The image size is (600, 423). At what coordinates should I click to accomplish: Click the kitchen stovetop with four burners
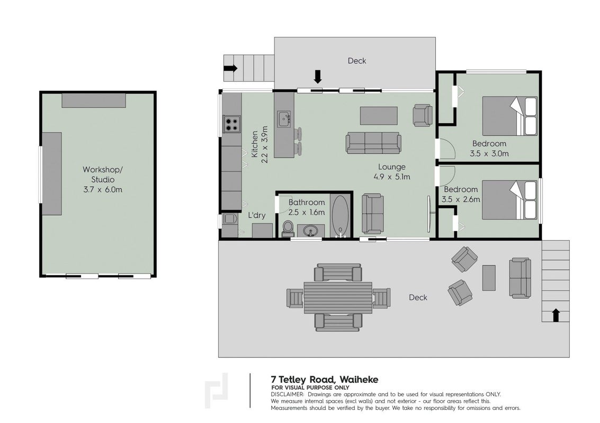232,124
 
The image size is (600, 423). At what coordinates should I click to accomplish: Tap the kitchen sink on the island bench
283,119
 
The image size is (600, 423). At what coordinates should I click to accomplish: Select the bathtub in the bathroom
340,216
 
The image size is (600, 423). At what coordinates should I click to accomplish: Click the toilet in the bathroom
288,228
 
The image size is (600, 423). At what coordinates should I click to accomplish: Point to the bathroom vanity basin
311,231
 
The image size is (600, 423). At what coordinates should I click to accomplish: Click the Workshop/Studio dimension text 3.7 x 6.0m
103,189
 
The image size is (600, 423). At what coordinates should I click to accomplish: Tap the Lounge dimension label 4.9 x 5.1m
392,177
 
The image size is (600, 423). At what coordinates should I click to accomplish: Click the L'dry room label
257,215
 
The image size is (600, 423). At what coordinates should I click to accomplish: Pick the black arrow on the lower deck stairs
556,316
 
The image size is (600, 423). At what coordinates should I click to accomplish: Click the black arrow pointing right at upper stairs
231,68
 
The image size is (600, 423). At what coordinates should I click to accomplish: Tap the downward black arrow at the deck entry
318,77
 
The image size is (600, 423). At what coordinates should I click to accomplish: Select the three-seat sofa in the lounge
373,143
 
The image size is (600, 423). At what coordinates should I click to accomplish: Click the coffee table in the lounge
379,116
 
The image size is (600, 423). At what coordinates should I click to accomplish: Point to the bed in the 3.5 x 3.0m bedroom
509,116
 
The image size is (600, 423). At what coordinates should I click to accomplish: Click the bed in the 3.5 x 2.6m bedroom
509,200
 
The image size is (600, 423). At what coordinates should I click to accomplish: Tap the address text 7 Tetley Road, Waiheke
325,380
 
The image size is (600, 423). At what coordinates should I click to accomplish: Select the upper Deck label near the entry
357,61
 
